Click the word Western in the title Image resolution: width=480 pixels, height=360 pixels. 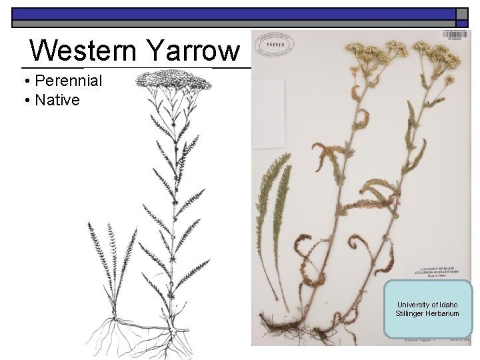[x=83, y=50]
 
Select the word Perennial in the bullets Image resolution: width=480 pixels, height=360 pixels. [x=69, y=81]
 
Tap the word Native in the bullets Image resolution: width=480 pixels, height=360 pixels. [x=57, y=101]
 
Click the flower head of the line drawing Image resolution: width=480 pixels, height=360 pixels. [x=173, y=81]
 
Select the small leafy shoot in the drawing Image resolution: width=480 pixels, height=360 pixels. [x=112, y=263]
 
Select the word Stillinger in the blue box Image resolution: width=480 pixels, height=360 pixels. [x=411, y=313]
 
